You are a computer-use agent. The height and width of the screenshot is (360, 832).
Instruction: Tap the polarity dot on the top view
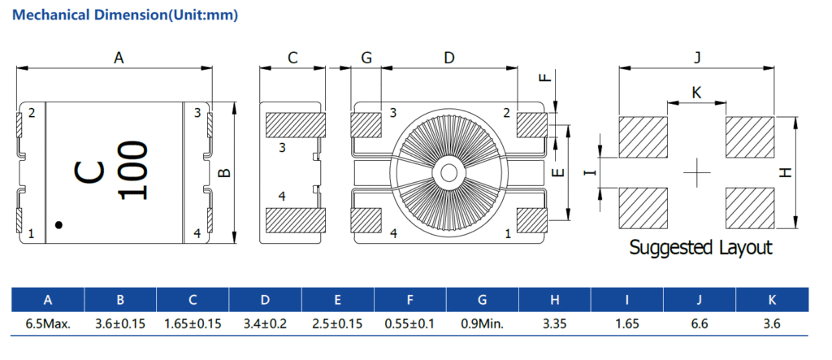pyautogui.click(x=58, y=224)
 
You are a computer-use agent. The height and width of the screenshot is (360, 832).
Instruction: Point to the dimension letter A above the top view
pyautogui.click(x=119, y=58)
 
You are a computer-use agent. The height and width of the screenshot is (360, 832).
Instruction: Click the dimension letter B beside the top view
pyautogui.click(x=227, y=172)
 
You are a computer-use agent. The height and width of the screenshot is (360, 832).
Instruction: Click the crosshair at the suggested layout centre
pyautogui.click(x=696, y=171)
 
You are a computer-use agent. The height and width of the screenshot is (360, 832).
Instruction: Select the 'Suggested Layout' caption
pyautogui.click(x=700, y=247)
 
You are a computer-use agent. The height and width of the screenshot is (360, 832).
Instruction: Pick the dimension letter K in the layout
pyautogui.click(x=696, y=93)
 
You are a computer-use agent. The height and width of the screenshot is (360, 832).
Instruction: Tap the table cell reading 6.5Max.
pyautogui.click(x=48, y=323)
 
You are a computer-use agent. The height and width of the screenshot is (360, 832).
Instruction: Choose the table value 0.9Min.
pyautogui.click(x=483, y=323)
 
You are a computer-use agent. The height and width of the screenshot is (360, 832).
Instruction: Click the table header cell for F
pyautogui.click(x=410, y=300)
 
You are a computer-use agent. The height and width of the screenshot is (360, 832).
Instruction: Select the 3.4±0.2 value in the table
pyautogui.click(x=265, y=323)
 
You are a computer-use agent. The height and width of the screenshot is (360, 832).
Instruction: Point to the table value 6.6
pyautogui.click(x=700, y=323)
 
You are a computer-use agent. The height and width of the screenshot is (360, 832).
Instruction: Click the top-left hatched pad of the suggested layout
pyautogui.click(x=643, y=137)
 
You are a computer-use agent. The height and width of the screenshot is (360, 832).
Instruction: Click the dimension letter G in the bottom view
pyautogui.click(x=366, y=58)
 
